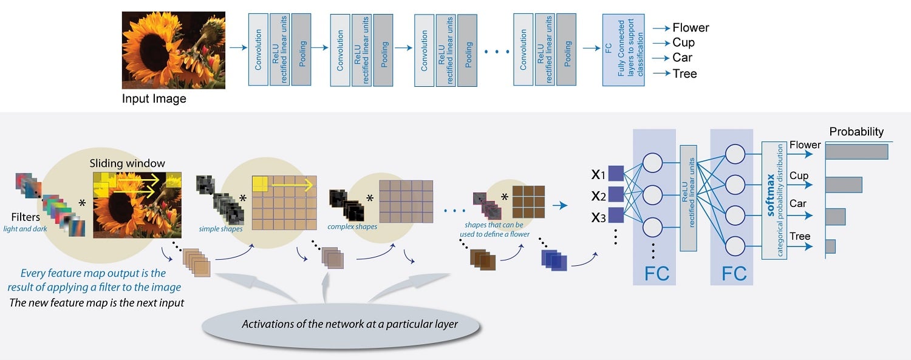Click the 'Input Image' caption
[154, 98]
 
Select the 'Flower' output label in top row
[691, 28]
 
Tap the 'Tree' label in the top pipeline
[684, 73]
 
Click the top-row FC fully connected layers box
[622, 50]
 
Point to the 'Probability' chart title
[856, 132]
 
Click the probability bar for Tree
[830, 246]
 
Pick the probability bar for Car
[835, 216]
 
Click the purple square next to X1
[616, 175]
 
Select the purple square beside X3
[616, 215]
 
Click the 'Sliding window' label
[128, 163]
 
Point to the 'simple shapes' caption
[221, 229]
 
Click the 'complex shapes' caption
[352, 226]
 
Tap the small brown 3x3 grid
[528, 202]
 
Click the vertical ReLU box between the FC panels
[688, 199]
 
